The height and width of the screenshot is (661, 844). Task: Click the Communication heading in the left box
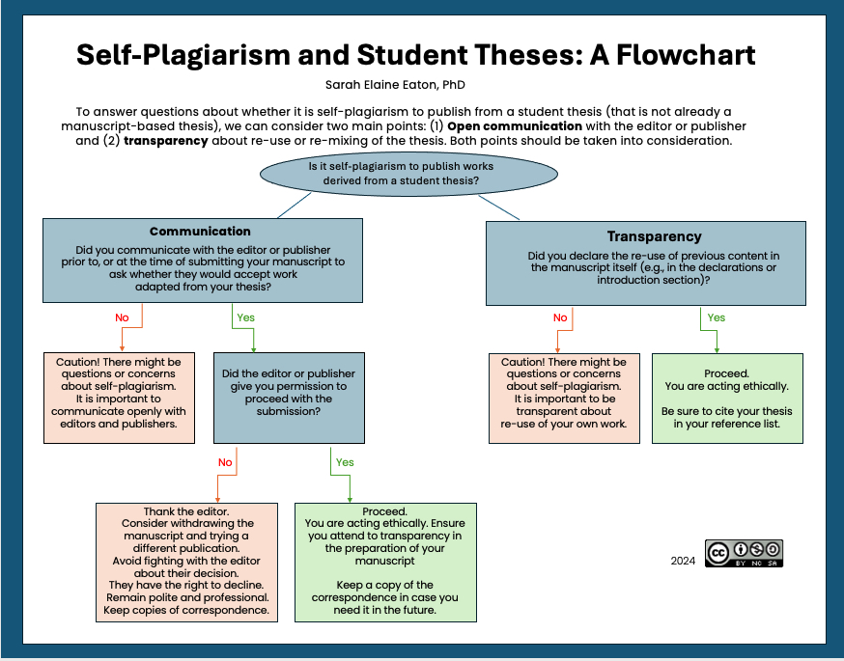(x=201, y=232)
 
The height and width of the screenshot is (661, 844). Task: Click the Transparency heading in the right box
(x=654, y=236)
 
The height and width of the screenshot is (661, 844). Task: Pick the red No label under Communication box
(x=123, y=317)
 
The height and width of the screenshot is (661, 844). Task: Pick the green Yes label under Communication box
(x=244, y=317)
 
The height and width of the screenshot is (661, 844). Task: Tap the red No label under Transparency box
(x=560, y=317)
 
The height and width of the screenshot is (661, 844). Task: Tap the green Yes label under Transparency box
(x=716, y=317)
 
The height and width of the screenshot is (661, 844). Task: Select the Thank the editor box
(x=185, y=562)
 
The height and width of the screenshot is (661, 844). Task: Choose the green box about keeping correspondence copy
(x=384, y=562)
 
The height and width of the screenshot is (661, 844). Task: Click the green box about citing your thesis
(x=727, y=399)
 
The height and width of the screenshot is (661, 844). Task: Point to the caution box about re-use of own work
(x=563, y=399)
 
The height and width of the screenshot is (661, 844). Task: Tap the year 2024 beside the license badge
(x=684, y=560)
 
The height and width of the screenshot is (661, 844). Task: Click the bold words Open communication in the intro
(x=528, y=126)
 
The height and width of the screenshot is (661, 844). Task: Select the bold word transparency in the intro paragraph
(x=166, y=140)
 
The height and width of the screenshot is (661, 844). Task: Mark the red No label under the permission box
(x=225, y=462)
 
